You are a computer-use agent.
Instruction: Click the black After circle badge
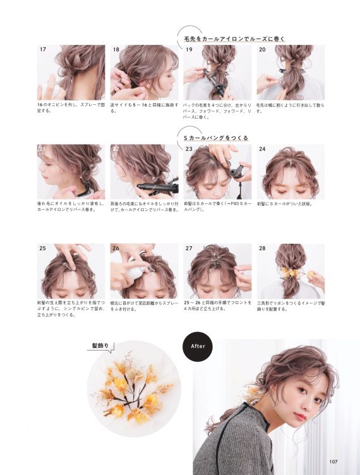(196, 346)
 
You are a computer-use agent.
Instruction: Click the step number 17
(43, 49)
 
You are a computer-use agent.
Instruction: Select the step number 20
(262, 49)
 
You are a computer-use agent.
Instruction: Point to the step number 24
(262, 149)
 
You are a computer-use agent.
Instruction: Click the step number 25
(43, 249)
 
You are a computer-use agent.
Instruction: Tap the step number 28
(262, 249)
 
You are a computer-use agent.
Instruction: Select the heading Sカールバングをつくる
(215, 138)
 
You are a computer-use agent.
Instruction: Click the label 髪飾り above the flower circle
(101, 345)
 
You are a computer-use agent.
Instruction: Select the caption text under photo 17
(70, 108)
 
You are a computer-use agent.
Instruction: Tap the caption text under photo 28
(290, 306)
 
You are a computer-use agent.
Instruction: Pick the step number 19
(189, 49)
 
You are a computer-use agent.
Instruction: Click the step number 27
(189, 249)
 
